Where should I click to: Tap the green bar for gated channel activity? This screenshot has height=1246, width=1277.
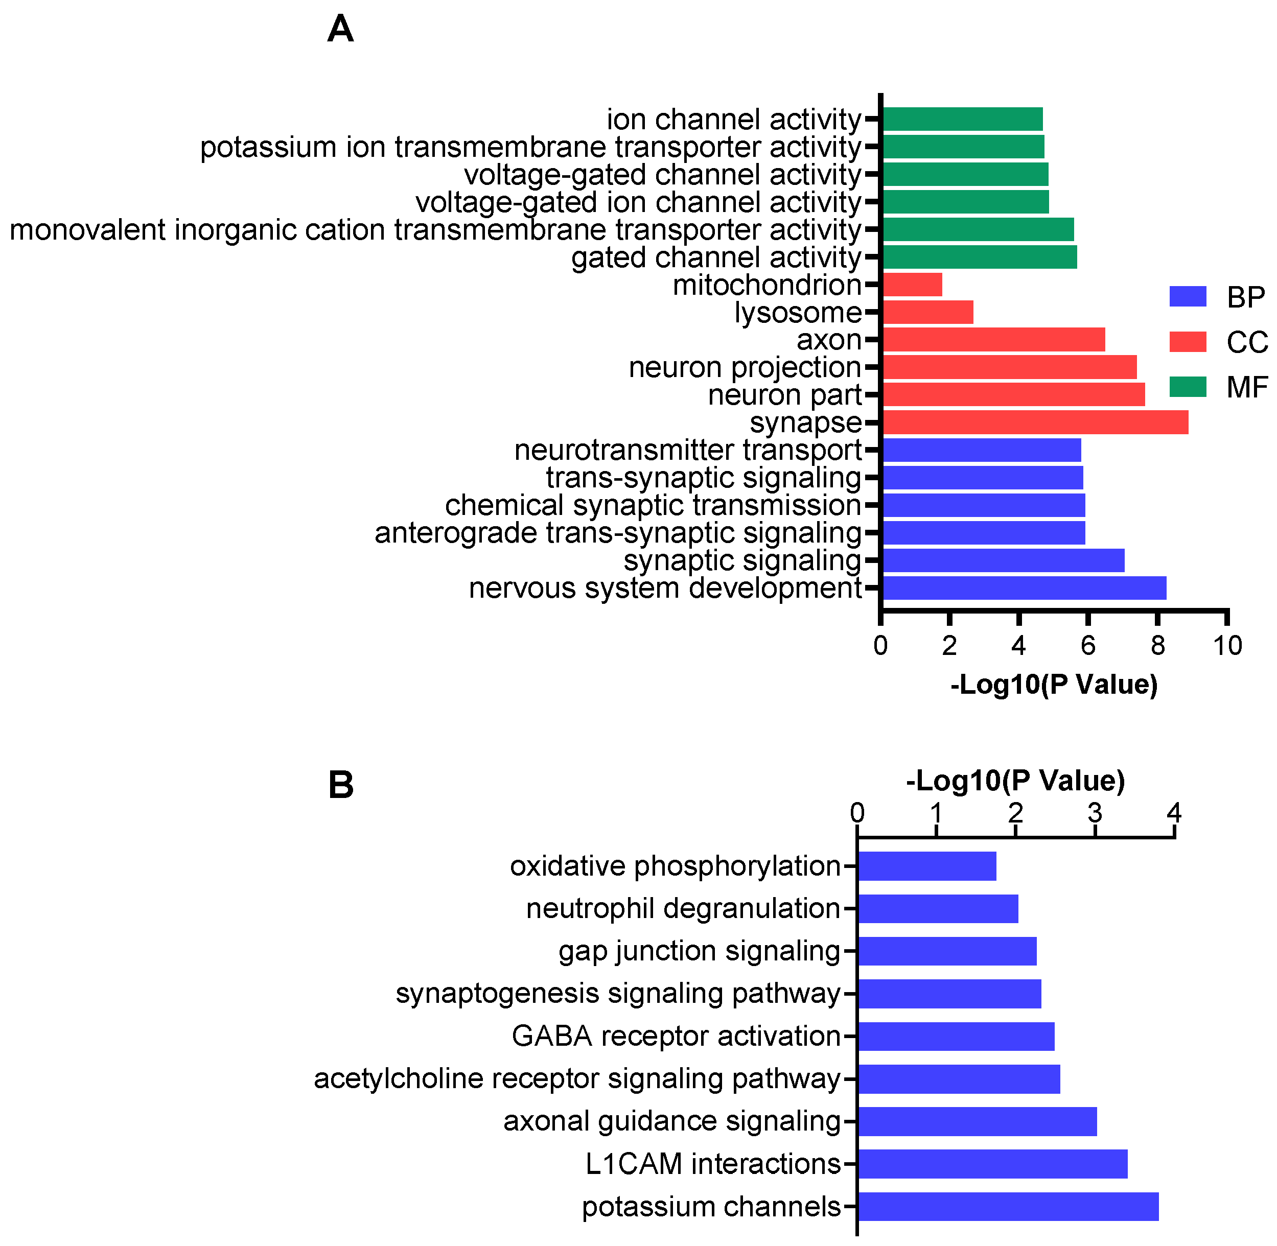979,257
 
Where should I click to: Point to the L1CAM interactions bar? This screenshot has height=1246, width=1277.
992,1164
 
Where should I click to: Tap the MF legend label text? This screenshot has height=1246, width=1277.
1246,387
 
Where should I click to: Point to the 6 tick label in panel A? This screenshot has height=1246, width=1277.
1087,646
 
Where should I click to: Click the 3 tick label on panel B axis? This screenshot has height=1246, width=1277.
1095,813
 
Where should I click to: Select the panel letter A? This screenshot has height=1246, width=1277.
340,30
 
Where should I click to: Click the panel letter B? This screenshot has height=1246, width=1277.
340,785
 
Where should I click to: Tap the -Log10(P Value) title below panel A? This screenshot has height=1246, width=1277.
1054,685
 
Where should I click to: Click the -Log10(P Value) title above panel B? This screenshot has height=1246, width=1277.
1015,780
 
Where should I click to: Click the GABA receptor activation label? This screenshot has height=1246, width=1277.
676,1037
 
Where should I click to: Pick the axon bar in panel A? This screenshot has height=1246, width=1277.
993,340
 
